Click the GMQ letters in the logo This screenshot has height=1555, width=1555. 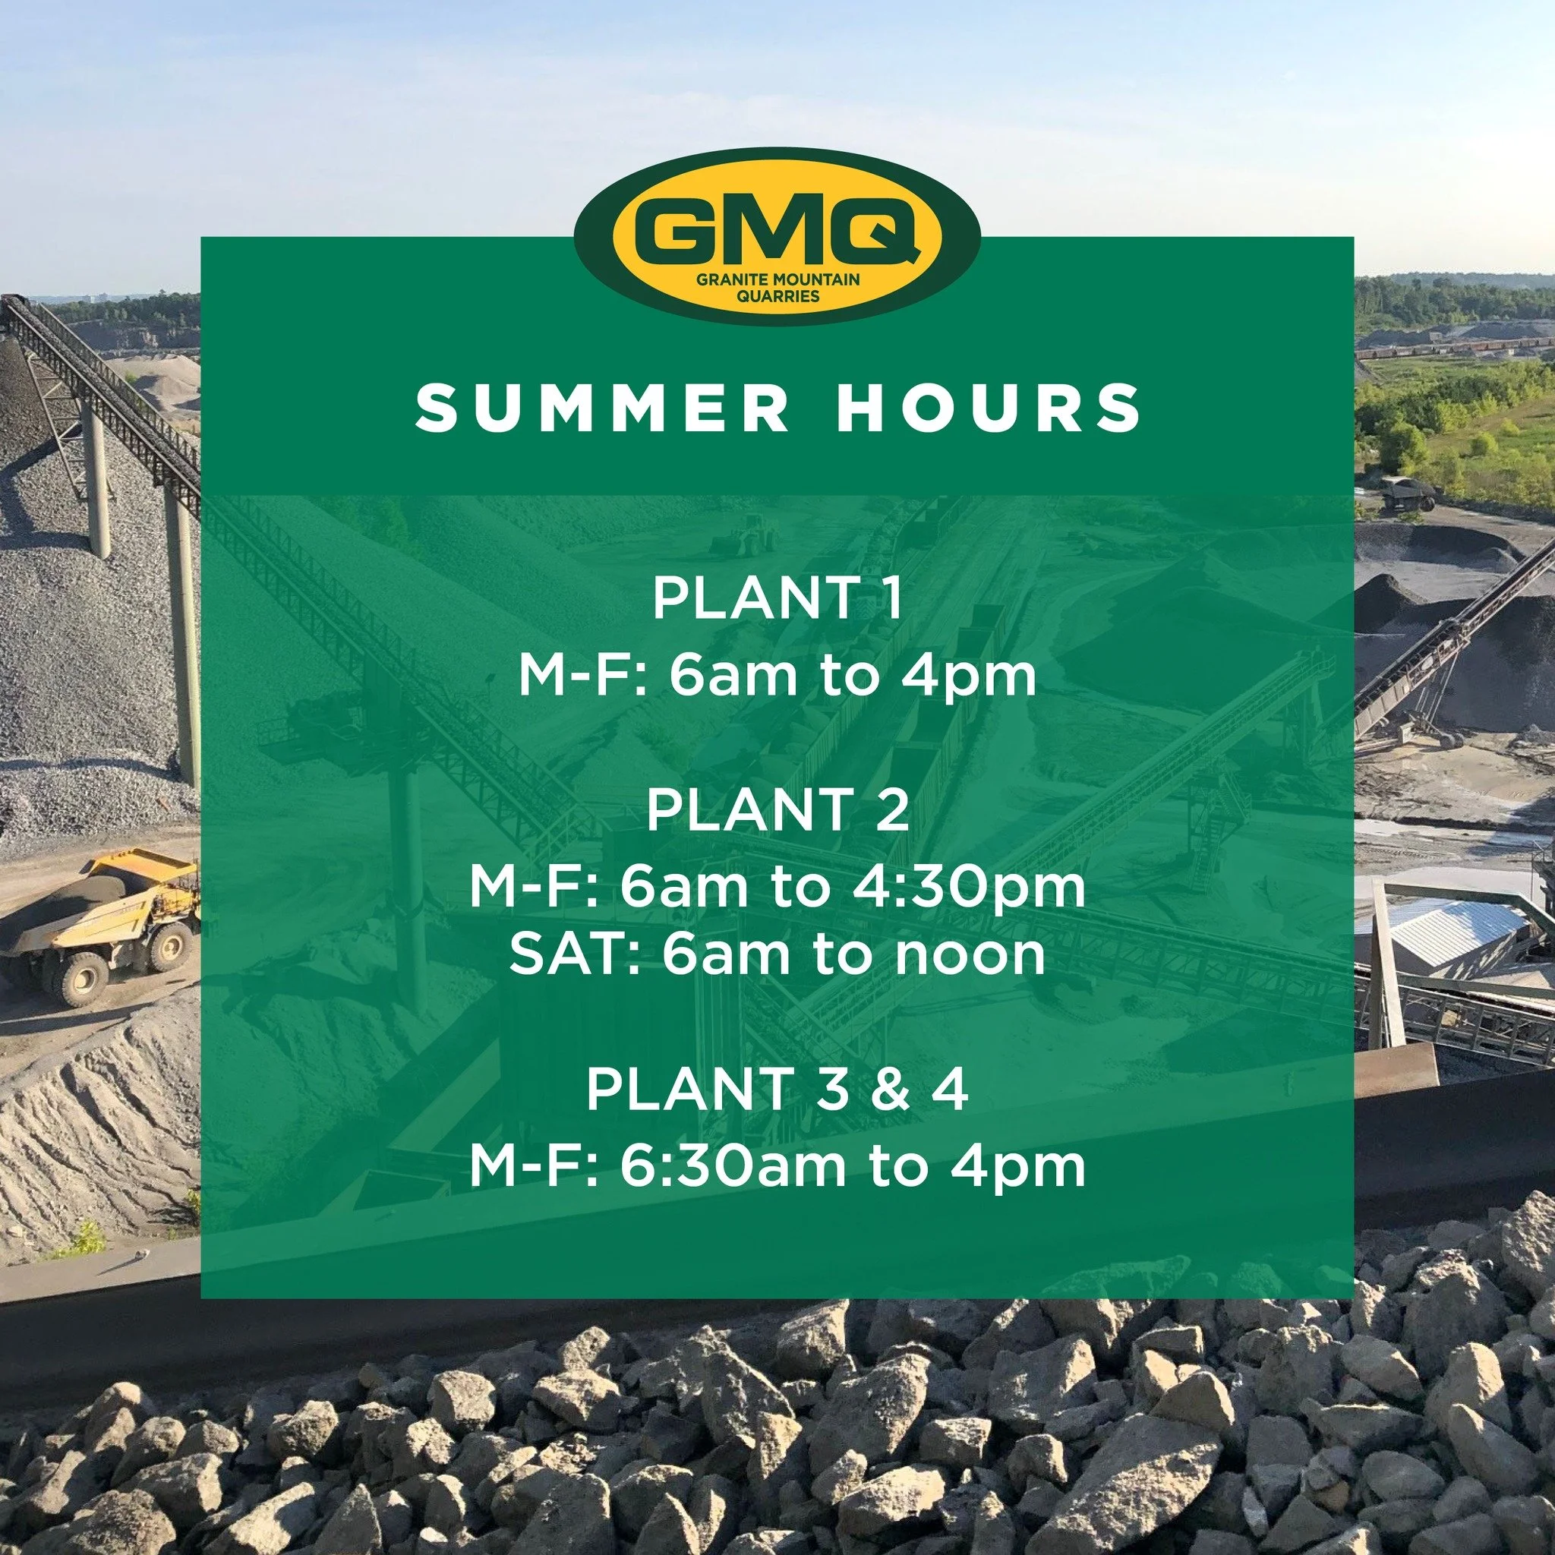pos(776,232)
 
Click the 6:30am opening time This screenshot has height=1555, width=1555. pos(733,1167)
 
